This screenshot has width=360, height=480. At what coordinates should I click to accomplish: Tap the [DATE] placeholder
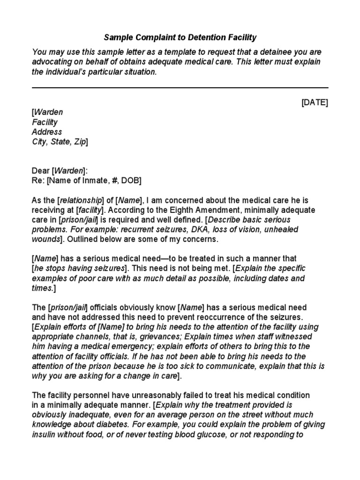coord(315,103)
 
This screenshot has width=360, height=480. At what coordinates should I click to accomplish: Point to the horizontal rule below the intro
coord(180,88)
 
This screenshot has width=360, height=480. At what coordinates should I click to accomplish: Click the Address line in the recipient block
coord(47,132)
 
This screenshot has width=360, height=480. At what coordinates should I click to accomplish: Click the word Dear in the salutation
coord(41,171)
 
